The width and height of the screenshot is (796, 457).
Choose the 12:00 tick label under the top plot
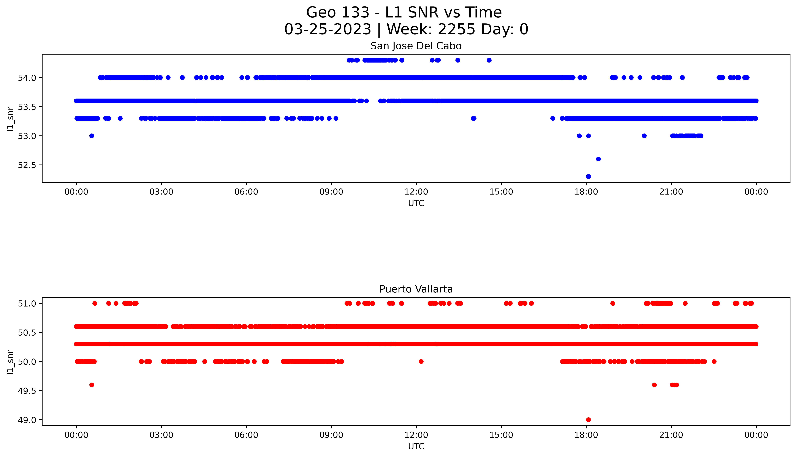(x=416, y=192)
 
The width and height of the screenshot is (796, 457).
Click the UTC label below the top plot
(x=416, y=203)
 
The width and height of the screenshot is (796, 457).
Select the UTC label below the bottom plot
(x=416, y=446)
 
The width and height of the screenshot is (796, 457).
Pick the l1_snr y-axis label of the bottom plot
(x=10, y=362)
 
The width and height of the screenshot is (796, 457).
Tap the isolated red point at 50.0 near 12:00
(x=421, y=362)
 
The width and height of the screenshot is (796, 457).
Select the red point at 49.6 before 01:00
(x=92, y=385)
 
